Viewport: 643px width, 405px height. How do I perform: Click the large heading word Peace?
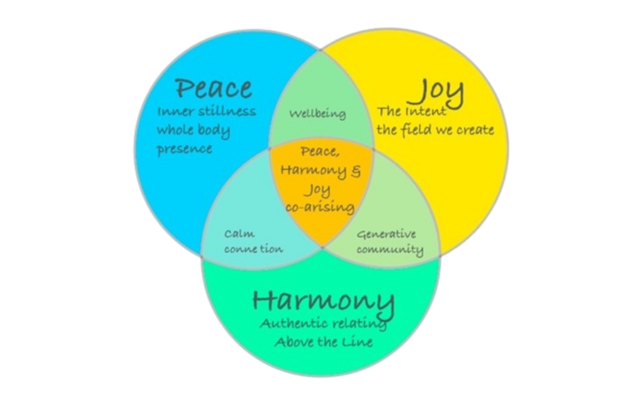[213, 88]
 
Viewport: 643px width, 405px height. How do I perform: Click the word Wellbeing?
[317, 114]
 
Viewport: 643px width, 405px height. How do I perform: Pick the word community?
[390, 249]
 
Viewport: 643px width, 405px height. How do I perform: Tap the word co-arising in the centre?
[321, 207]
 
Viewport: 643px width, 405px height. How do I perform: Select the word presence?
[185, 149]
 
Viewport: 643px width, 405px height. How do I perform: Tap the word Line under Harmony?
[359, 341]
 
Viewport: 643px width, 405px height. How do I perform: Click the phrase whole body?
[194, 130]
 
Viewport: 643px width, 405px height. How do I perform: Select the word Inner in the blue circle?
[173, 111]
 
